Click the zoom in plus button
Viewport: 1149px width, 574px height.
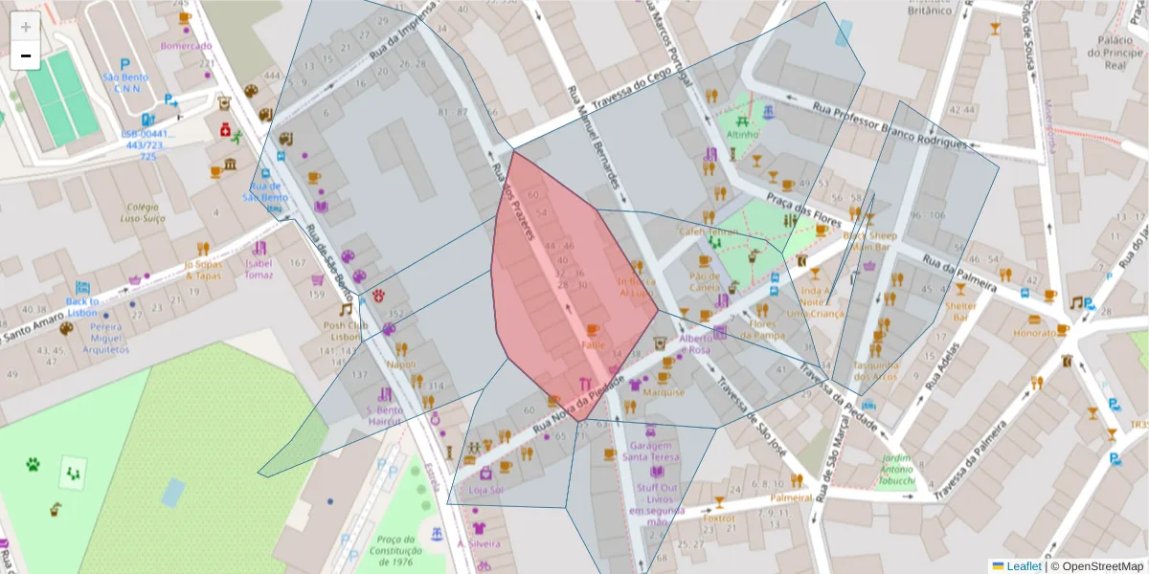[x=26, y=27]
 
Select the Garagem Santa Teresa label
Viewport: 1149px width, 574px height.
[x=650, y=452]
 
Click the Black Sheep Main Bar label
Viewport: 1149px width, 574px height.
[x=869, y=240]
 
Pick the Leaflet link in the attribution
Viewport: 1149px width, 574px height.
[x=1023, y=566]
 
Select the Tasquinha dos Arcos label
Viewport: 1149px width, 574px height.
[x=875, y=370]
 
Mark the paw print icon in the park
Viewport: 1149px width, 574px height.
[x=34, y=465]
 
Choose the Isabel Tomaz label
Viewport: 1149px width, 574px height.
[x=259, y=269]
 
